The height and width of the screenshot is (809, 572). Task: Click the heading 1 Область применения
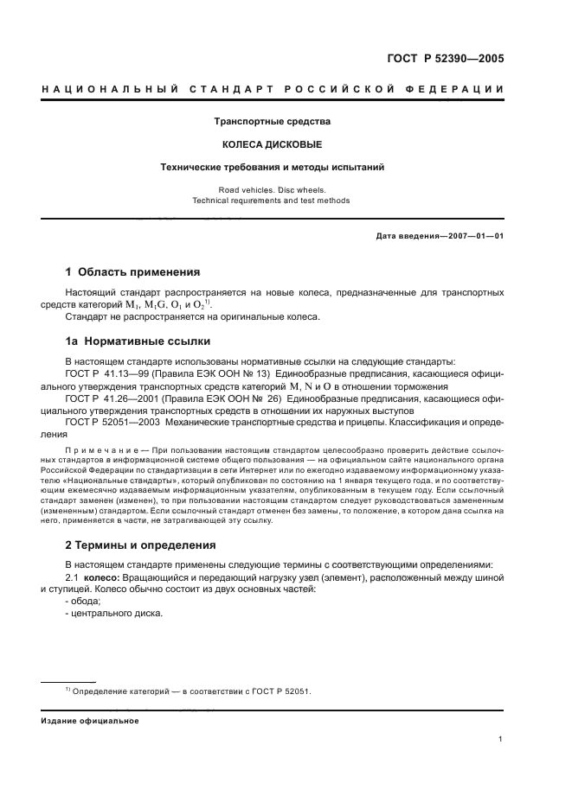tap(133, 271)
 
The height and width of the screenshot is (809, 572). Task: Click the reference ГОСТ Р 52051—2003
tap(109, 423)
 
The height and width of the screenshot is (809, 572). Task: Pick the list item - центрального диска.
tap(113, 614)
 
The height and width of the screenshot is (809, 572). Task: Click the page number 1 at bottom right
tap(501, 739)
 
